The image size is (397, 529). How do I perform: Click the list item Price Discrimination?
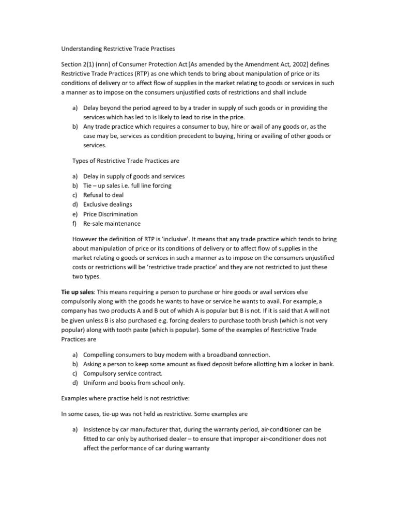point(110,214)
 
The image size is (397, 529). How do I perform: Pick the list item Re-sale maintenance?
point(112,224)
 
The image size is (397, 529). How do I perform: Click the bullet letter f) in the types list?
point(75,224)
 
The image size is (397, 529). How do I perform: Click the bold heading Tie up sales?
point(77,292)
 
